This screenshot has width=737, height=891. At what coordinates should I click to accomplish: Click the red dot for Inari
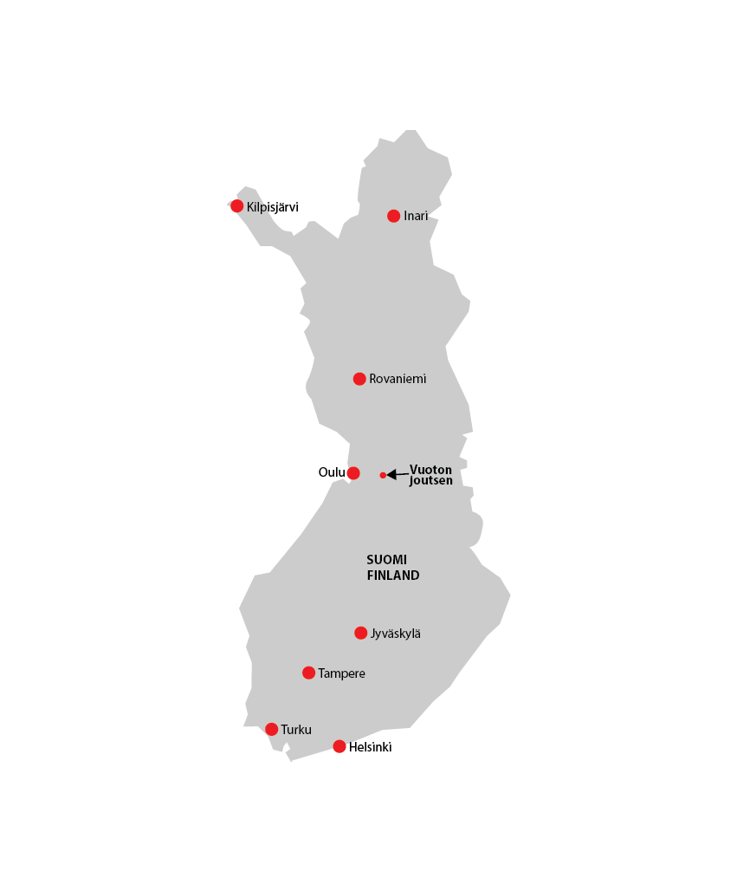[x=393, y=216]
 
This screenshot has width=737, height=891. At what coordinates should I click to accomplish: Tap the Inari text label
[x=416, y=216]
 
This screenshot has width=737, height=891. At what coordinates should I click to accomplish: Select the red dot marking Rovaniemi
[x=359, y=379]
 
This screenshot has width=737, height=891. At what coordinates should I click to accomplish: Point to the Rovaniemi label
[x=398, y=379]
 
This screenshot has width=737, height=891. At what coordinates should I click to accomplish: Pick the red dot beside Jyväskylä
[x=360, y=633]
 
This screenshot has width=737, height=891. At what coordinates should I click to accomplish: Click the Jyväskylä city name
[x=396, y=634]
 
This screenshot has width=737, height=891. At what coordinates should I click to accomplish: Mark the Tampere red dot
[x=308, y=673]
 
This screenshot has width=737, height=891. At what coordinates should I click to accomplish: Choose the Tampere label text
[x=341, y=673]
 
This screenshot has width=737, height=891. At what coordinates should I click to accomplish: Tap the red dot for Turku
[x=271, y=729]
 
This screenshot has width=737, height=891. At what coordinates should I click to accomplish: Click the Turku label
[x=296, y=730]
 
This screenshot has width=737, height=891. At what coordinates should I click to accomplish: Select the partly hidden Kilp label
[x=256, y=207]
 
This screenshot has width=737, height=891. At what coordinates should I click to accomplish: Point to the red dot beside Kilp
[x=236, y=205]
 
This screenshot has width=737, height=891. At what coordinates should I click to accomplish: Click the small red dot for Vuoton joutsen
[x=383, y=475]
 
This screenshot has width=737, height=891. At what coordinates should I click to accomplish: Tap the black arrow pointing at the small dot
[x=398, y=474]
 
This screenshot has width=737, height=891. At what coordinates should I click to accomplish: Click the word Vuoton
[x=430, y=470]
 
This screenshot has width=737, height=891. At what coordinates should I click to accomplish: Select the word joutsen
[x=430, y=480]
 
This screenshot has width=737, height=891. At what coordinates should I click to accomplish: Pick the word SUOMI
[x=386, y=560]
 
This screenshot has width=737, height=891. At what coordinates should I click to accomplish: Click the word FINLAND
[x=393, y=576]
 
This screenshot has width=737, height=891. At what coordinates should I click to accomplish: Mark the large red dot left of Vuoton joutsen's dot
[x=352, y=473]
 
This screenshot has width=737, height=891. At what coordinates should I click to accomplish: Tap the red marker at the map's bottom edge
[x=339, y=751]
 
